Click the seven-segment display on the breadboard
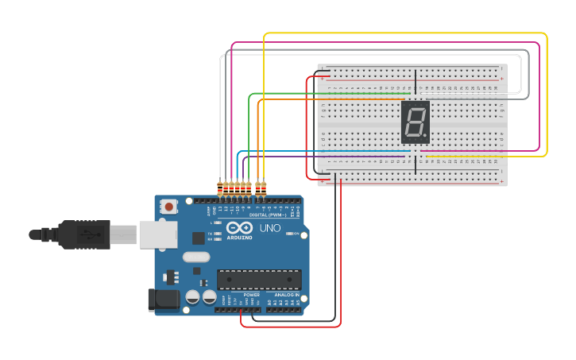(x=416, y=122)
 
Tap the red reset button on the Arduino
(x=169, y=207)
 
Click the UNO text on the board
(x=269, y=228)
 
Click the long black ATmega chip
(x=259, y=280)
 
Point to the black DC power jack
(x=163, y=300)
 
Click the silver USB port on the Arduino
(x=157, y=234)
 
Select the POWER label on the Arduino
(x=252, y=295)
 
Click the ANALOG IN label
(x=287, y=295)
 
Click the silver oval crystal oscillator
(x=195, y=257)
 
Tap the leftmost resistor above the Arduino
(x=220, y=188)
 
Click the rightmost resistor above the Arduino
(x=264, y=188)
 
